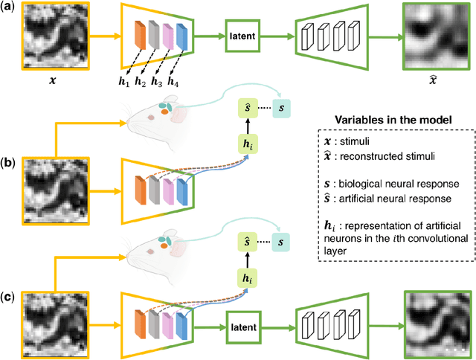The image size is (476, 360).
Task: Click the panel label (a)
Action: tap(10, 7)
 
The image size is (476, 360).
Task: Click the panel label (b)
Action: tap(10, 158)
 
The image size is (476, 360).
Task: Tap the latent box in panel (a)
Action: tap(244, 36)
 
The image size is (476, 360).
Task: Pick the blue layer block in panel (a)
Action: tap(181, 36)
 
